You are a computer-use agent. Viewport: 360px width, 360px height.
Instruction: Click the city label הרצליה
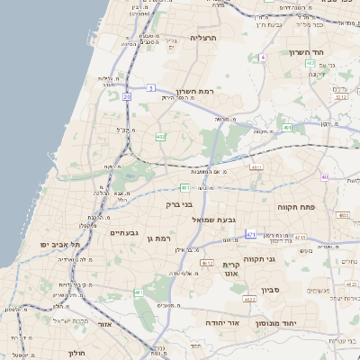click(204, 38)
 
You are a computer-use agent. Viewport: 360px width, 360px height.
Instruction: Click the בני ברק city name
click(180, 204)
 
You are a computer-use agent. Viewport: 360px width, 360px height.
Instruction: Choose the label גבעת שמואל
click(214, 219)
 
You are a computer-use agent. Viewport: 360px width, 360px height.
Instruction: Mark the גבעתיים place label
click(123, 233)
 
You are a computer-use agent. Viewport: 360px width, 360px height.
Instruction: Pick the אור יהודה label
click(221, 322)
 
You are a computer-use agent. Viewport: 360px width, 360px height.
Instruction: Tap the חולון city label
click(78, 353)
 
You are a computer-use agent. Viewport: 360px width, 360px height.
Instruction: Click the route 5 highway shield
click(152, 87)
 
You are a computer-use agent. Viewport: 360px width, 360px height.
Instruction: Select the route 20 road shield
click(128, 95)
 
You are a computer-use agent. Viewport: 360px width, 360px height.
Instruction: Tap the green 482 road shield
click(160, 137)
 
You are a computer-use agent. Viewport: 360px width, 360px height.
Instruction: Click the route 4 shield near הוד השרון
click(262, 57)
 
